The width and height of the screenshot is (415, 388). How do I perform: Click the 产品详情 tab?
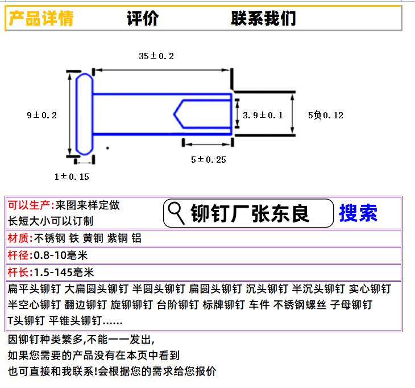click(x=41, y=18)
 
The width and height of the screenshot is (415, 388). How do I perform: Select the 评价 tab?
click(x=143, y=18)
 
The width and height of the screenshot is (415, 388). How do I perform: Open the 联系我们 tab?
click(x=263, y=18)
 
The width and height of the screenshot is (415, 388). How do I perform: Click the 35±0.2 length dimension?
click(x=156, y=56)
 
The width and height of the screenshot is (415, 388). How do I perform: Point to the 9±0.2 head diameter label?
click(x=42, y=115)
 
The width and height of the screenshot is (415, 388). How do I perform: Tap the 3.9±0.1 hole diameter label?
click(x=263, y=115)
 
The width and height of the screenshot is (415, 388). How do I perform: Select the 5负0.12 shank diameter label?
click(x=326, y=115)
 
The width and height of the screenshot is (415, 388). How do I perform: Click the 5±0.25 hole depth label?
click(x=209, y=159)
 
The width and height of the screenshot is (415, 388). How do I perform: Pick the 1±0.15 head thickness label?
click(x=72, y=177)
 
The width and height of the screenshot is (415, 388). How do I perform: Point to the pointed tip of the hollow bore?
click(x=174, y=114)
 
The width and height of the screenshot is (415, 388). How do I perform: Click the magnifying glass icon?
click(x=176, y=213)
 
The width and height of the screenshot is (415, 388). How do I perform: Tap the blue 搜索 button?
click(x=358, y=213)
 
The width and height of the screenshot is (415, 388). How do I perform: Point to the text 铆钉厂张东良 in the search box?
click(x=250, y=213)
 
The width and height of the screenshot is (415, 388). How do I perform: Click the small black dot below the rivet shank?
click(x=107, y=148)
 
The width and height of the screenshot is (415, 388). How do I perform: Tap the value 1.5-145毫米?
click(x=64, y=273)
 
